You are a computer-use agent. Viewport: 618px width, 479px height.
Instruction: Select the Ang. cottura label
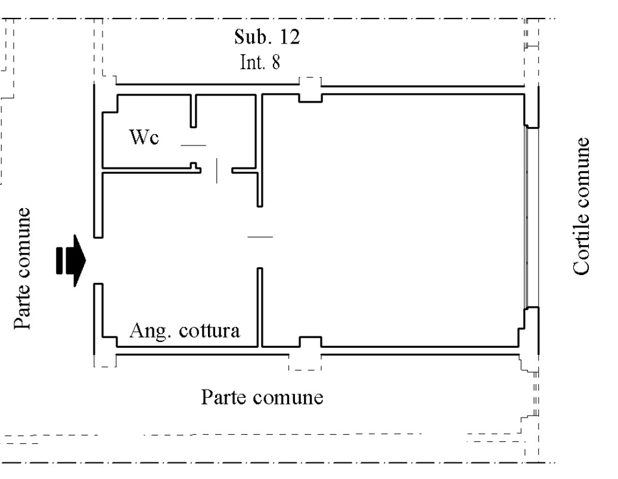tap(185, 330)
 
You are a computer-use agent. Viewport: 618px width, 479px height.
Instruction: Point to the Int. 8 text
tap(260, 63)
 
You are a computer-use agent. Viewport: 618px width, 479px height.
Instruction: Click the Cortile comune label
tap(582, 206)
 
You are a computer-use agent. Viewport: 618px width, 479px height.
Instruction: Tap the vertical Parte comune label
tap(22, 268)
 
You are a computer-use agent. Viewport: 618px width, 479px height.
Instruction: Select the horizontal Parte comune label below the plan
tap(262, 397)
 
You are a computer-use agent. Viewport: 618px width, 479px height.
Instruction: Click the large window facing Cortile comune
tap(526, 217)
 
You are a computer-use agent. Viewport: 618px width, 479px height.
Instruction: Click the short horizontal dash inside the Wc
tap(192, 146)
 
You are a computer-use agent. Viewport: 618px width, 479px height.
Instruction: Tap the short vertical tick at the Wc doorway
tap(217, 171)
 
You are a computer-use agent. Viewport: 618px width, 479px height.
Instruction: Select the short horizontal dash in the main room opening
tap(260, 237)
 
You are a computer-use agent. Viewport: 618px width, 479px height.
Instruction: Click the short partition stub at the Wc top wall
tap(193, 111)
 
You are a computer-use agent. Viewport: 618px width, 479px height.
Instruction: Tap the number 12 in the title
tap(289, 39)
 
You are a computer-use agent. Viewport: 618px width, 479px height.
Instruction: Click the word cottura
tap(212, 330)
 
